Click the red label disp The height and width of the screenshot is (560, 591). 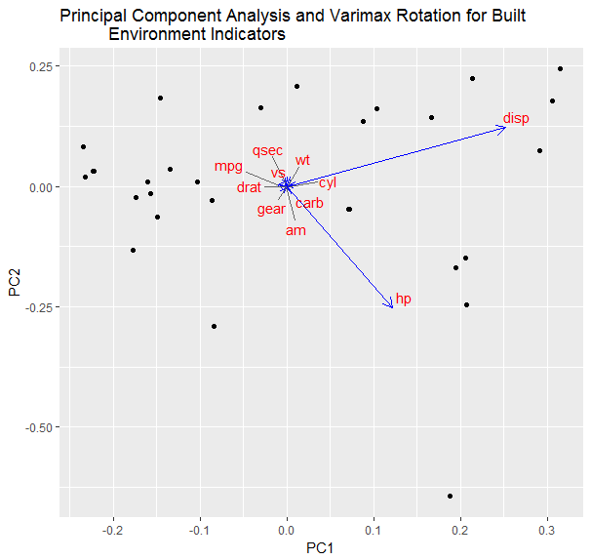[x=516, y=119]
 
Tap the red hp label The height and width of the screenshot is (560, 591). [x=403, y=299]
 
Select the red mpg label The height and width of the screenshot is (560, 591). [x=228, y=167]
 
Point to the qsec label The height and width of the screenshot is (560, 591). [x=267, y=150]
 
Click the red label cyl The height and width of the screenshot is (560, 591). [x=328, y=182]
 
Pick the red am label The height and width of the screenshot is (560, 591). [x=295, y=231]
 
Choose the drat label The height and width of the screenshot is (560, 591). [x=249, y=187]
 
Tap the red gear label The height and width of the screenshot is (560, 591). [x=271, y=209]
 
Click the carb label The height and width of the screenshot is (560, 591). [x=309, y=204]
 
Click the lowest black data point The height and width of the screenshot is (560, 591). [x=450, y=497]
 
